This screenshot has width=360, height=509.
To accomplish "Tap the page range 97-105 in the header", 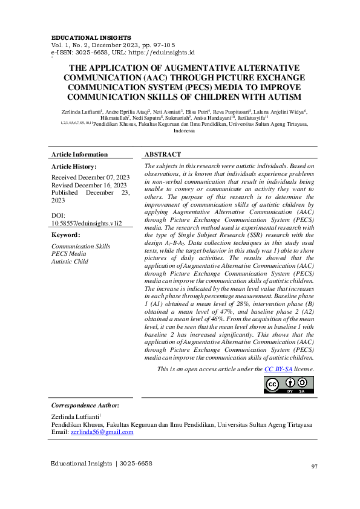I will tap(163, 45).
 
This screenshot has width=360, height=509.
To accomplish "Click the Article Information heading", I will tap(79, 154).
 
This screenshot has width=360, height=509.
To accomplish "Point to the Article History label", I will tap(74, 166).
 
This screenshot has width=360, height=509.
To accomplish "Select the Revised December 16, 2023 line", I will tap(89, 185).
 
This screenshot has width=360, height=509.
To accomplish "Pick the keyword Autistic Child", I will tap(70, 261).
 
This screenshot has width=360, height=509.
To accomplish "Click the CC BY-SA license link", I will tap(278, 368).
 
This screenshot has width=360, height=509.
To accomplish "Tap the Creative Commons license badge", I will tap(289, 384).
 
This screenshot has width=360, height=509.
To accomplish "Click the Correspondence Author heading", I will tap(85, 405).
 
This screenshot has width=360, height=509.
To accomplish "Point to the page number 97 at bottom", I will tap(314, 466).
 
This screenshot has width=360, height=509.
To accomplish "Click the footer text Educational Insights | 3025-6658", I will tap(102, 464).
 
